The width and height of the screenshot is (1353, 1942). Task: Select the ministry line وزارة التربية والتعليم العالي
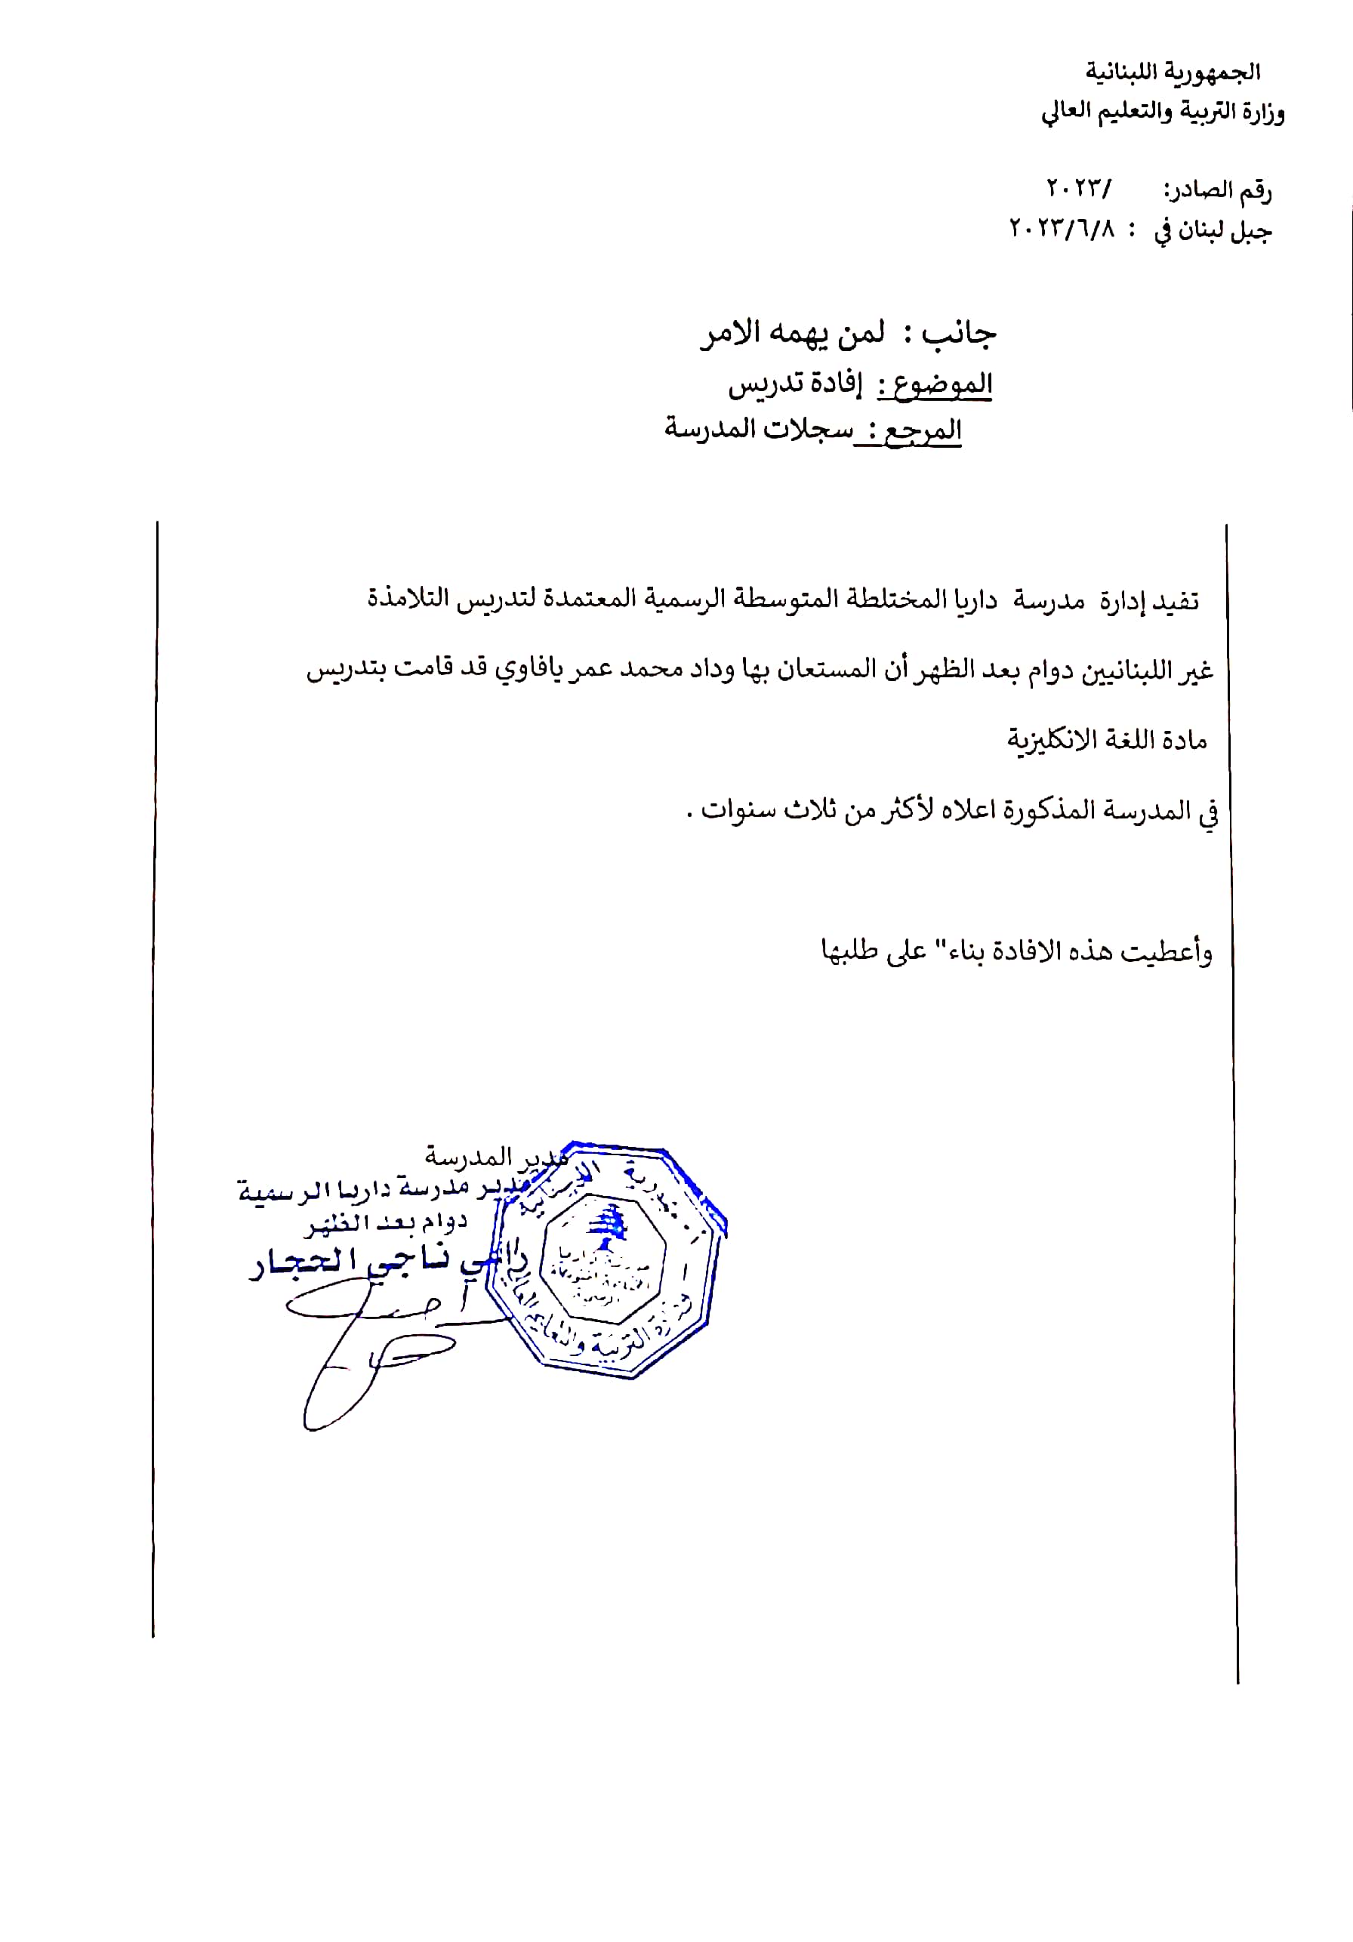point(1162,113)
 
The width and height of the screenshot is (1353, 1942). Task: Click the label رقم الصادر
point(1218,191)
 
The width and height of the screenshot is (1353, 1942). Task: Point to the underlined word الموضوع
point(935,385)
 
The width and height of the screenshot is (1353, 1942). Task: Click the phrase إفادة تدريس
point(795,385)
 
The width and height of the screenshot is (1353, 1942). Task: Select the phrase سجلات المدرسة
point(759,429)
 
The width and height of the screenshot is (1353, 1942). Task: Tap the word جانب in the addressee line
point(959,333)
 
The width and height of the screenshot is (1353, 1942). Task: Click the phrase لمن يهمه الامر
point(791,333)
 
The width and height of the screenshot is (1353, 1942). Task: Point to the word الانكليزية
point(1062,740)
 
